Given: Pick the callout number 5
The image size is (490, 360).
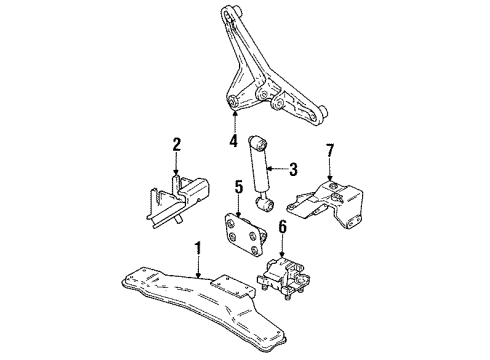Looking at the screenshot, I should (x=238, y=186).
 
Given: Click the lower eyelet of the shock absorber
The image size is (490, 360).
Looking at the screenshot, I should (x=267, y=206).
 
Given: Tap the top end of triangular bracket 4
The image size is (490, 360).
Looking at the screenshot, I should (x=227, y=11).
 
